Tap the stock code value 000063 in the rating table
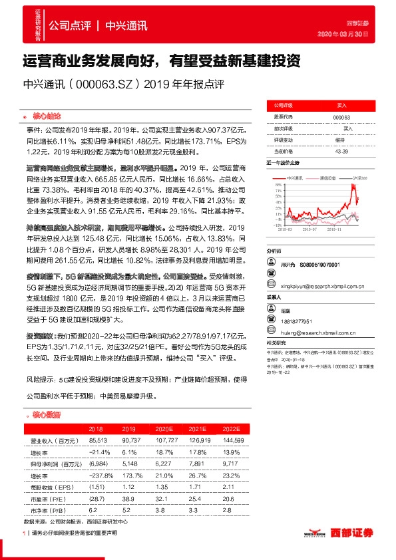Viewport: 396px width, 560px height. pyautogui.click(x=341, y=117)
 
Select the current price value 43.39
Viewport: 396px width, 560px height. pyautogui.click(x=341, y=151)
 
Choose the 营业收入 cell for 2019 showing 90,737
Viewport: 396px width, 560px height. pyautogui.click(x=130, y=441)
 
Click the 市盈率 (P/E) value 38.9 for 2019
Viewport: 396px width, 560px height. pyautogui.click(x=130, y=497)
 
